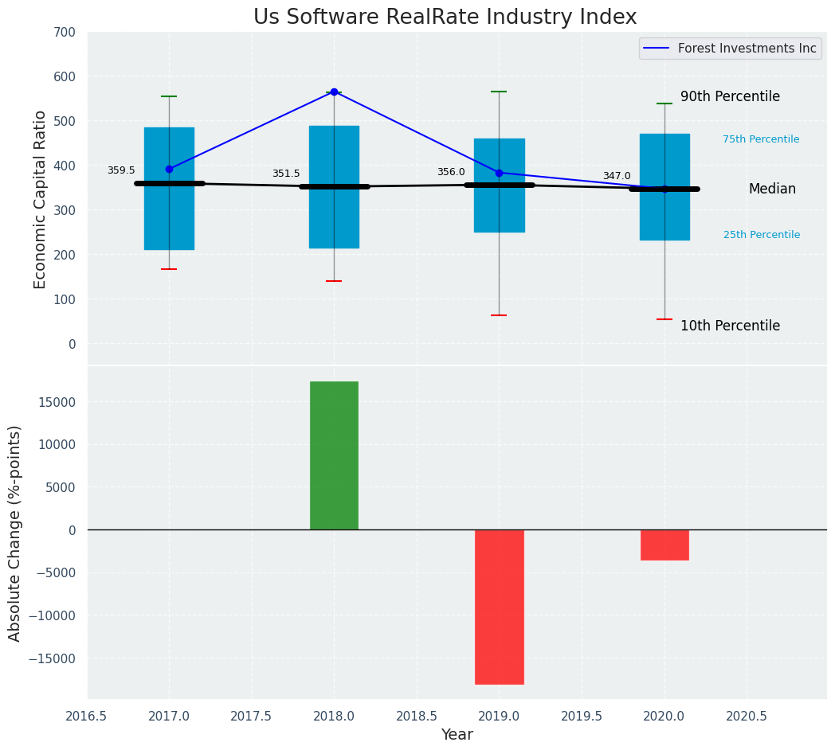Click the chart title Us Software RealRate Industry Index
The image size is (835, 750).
pyautogui.click(x=445, y=18)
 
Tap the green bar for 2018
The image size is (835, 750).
pyautogui.click(x=334, y=455)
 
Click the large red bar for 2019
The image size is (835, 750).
pyautogui.click(x=499, y=607)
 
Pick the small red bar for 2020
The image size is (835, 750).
pyautogui.click(x=664, y=545)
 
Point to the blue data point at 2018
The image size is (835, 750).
pyautogui.click(x=334, y=92)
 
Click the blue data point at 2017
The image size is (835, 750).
pyautogui.click(x=169, y=169)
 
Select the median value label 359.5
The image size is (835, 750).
pyautogui.click(x=121, y=170)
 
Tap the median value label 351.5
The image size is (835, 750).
pyautogui.click(x=286, y=174)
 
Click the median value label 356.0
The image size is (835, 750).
pyautogui.click(x=451, y=172)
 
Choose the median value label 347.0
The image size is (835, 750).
pyautogui.click(x=617, y=176)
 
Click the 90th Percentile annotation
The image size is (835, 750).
pyautogui.click(x=730, y=96)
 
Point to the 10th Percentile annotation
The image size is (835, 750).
pyautogui.click(x=730, y=326)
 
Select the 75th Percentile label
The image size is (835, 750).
pyautogui.click(x=761, y=139)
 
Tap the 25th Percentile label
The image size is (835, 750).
pyautogui.click(x=762, y=235)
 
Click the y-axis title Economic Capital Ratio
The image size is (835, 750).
pyautogui.click(x=41, y=199)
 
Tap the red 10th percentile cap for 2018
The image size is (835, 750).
pyautogui.click(x=334, y=281)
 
